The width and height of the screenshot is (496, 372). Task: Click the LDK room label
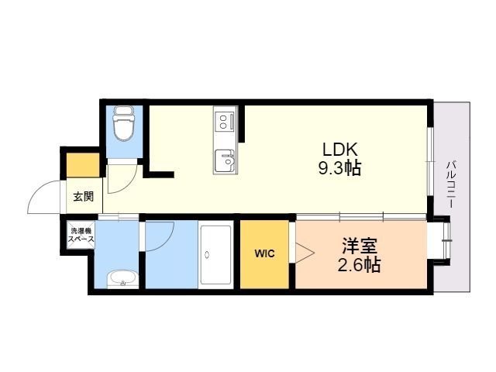339,149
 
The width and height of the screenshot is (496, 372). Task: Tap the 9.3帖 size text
339,168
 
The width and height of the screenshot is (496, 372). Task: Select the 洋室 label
360,246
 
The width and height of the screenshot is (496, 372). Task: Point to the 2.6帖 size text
359,265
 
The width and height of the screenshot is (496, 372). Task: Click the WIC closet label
265,253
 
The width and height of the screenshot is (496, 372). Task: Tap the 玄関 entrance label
84,196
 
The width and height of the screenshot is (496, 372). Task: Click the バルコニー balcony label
451,184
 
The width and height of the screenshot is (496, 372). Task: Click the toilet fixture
124,123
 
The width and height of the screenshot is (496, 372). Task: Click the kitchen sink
225,160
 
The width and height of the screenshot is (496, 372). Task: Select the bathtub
216,255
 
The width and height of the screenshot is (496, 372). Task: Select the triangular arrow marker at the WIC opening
305,253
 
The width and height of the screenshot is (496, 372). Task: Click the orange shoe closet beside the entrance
83,165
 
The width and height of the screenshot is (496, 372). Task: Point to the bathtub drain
207,254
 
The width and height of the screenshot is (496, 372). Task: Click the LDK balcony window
430,161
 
